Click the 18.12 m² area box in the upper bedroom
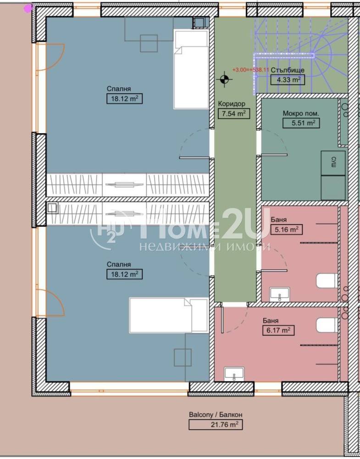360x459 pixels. point(124,99)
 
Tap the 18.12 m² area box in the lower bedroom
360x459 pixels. point(124,274)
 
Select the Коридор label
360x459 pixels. point(232,104)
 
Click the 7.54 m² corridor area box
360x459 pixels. point(234,113)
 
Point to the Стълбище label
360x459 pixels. point(288,70)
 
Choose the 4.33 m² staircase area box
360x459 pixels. point(288,79)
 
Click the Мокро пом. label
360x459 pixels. point(301,113)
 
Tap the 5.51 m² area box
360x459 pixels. point(301,123)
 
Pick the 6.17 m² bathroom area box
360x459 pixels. point(278,330)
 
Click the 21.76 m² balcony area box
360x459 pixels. point(216,425)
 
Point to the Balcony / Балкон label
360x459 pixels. point(216,415)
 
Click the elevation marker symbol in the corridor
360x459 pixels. point(224,79)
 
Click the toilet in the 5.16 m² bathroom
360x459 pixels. point(327,280)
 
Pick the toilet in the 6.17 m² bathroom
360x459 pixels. point(327,325)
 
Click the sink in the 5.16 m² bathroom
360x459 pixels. point(280,294)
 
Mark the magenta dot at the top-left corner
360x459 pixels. point(28,8)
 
